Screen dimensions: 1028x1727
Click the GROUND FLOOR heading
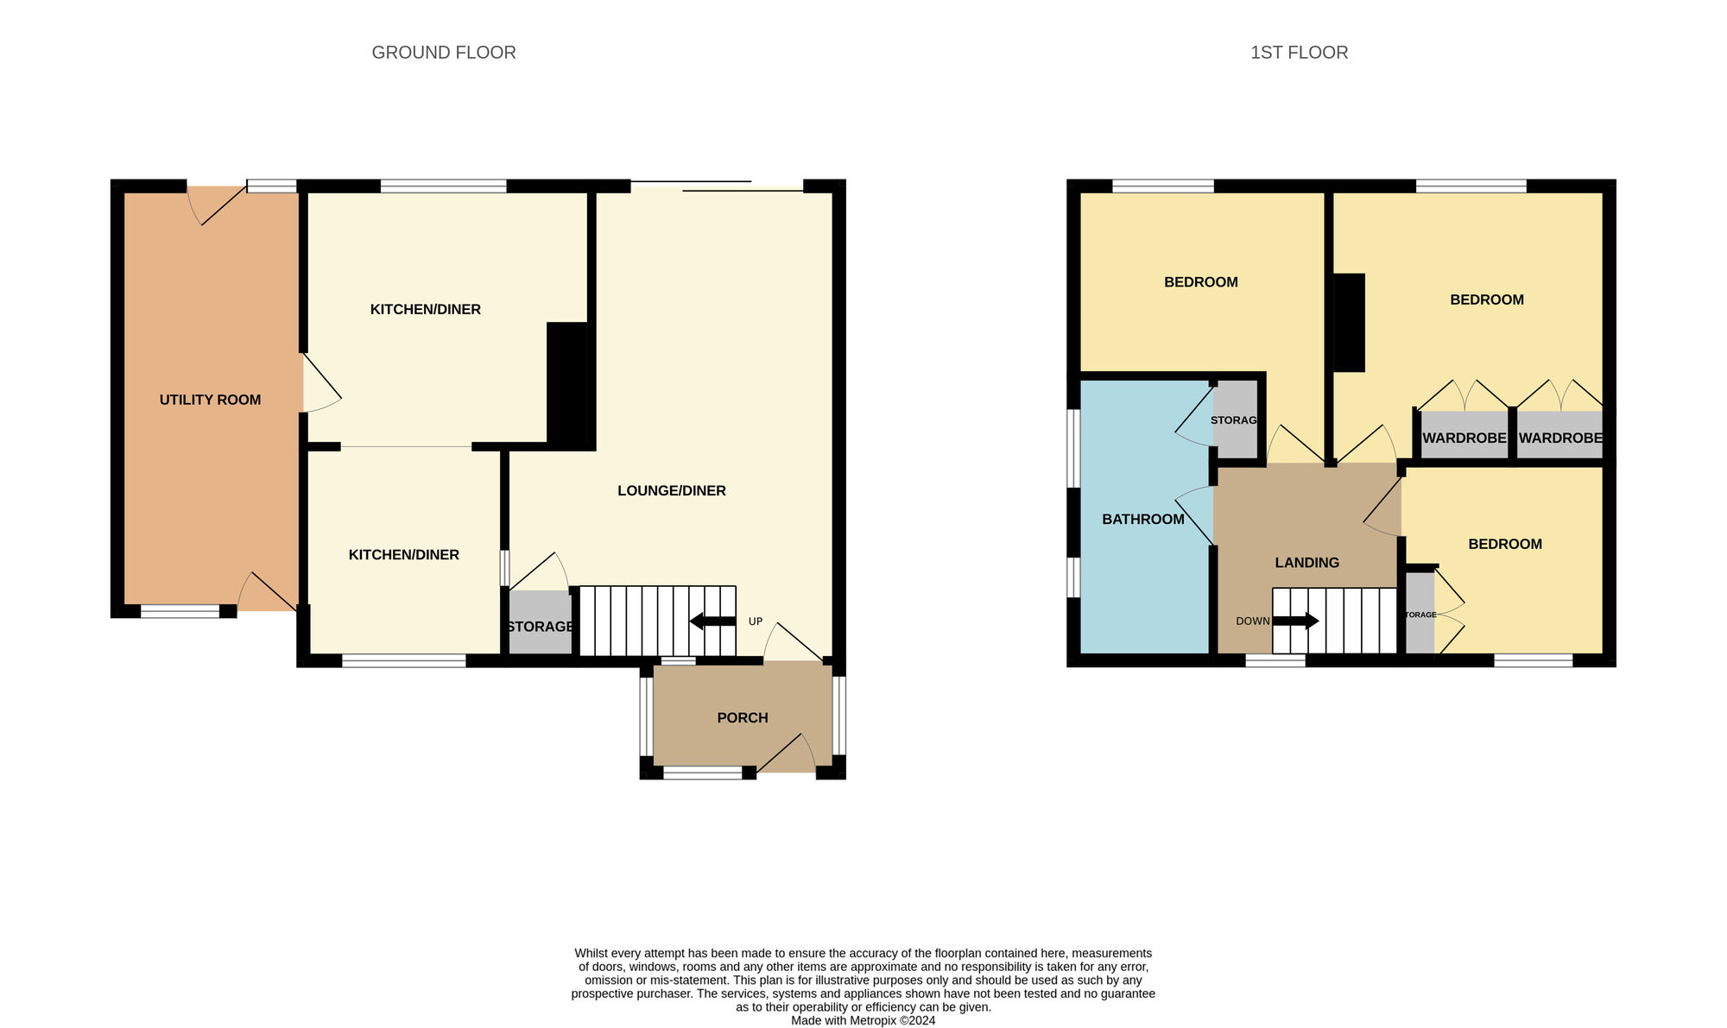(444, 53)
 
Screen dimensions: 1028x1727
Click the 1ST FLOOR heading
(1299, 53)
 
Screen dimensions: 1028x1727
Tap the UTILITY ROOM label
(210, 400)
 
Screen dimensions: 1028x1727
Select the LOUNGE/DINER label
(671, 490)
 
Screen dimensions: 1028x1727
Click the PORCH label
(742, 717)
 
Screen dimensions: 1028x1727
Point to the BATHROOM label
(1142, 519)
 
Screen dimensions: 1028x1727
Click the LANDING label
(1306, 562)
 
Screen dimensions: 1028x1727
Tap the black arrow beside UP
(712, 621)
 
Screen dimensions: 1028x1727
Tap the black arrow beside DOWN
(1296, 621)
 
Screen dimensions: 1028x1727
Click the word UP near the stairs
(756, 621)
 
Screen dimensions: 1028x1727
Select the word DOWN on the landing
(1252, 621)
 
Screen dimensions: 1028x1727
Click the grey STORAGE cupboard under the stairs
(540, 623)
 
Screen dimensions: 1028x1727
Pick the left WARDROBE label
(1464, 438)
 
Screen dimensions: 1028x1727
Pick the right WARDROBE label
(1559, 438)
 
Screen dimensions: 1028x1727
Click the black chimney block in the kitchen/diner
(567, 384)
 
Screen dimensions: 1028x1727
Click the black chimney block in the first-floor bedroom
(1349, 323)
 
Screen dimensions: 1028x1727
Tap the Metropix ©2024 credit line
(863, 1020)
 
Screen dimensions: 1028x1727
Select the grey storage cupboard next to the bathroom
(1235, 420)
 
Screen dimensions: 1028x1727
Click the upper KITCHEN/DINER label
(425, 309)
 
